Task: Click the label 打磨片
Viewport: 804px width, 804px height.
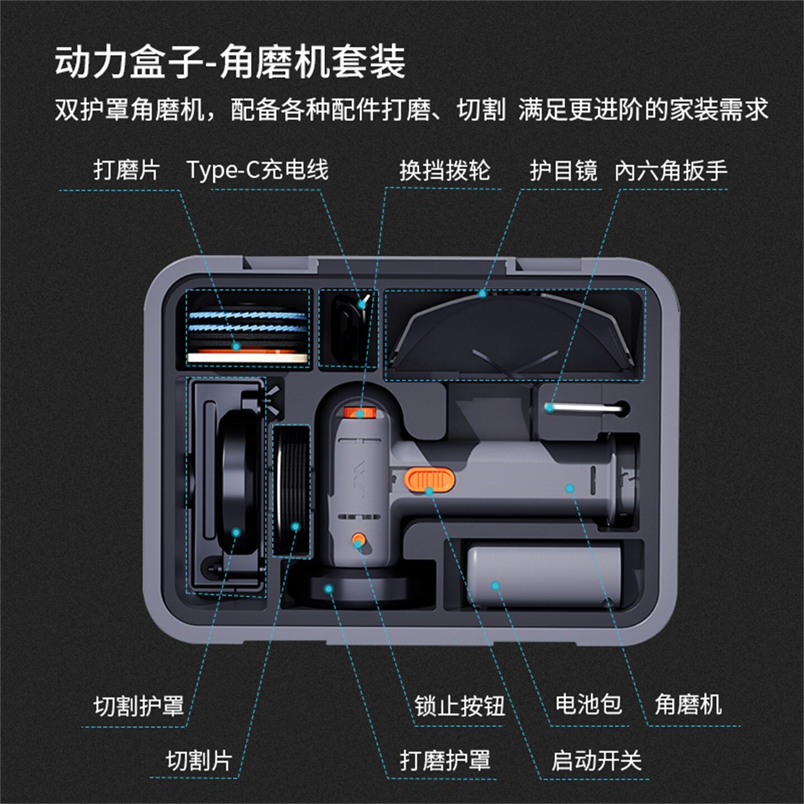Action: [127, 170]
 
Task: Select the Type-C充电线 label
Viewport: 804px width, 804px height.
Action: [257, 170]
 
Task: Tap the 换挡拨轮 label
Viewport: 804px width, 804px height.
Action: [444, 170]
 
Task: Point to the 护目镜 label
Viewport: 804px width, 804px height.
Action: [563, 170]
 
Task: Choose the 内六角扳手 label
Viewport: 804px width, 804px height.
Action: [671, 170]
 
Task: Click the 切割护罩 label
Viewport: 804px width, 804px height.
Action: [138, 706]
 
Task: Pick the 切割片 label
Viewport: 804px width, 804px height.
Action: [199, 760]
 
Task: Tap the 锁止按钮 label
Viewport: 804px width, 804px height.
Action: [459, 706]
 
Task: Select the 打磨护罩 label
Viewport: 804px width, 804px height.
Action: [444, 760]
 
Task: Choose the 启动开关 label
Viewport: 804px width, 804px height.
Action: [596, 760]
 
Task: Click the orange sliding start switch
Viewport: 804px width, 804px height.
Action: [429, 480]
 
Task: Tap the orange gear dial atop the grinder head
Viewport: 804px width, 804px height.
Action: [360, 413]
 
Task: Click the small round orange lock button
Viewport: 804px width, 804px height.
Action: [358, 540]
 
